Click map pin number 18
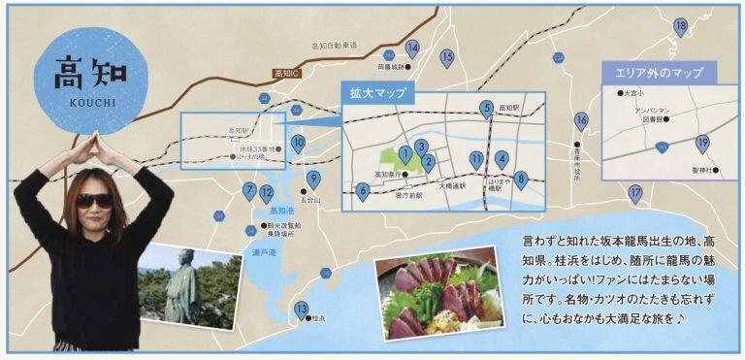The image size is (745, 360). point(681,26)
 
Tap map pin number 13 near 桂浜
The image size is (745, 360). point(302,310)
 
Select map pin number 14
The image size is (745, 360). point(412,48)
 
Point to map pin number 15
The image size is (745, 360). point(447,57)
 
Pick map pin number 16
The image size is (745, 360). point(581,121)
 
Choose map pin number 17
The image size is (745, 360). point(636,193)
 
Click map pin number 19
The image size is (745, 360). point(703,144)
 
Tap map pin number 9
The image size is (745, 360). point(313,179)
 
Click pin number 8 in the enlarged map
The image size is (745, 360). point(521,179)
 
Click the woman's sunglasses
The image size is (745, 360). point(94,201)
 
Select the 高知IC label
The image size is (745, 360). point(287,75)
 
